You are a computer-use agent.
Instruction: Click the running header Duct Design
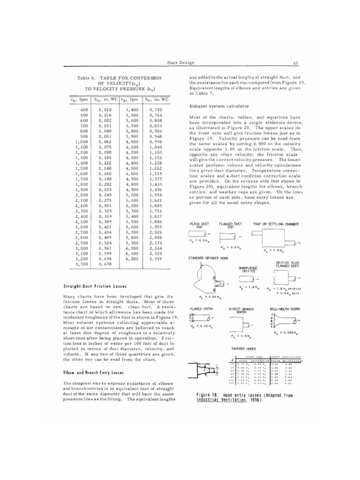180,62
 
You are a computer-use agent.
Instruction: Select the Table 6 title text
119,82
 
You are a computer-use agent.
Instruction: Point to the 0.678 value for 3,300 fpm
105,264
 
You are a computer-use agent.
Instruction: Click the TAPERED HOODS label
243,349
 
